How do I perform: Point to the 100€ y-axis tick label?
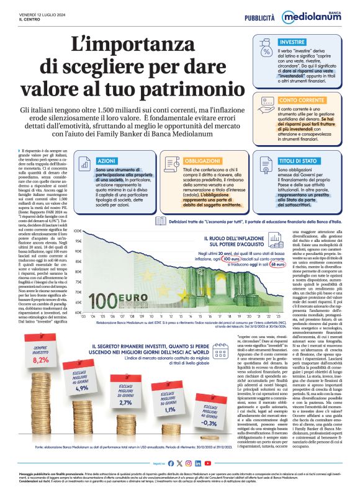(x=78, y=231)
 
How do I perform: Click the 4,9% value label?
(x=82, y=388)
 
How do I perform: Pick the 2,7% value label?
(x=125, y=403)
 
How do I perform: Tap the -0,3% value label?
(x=210, y=423)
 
